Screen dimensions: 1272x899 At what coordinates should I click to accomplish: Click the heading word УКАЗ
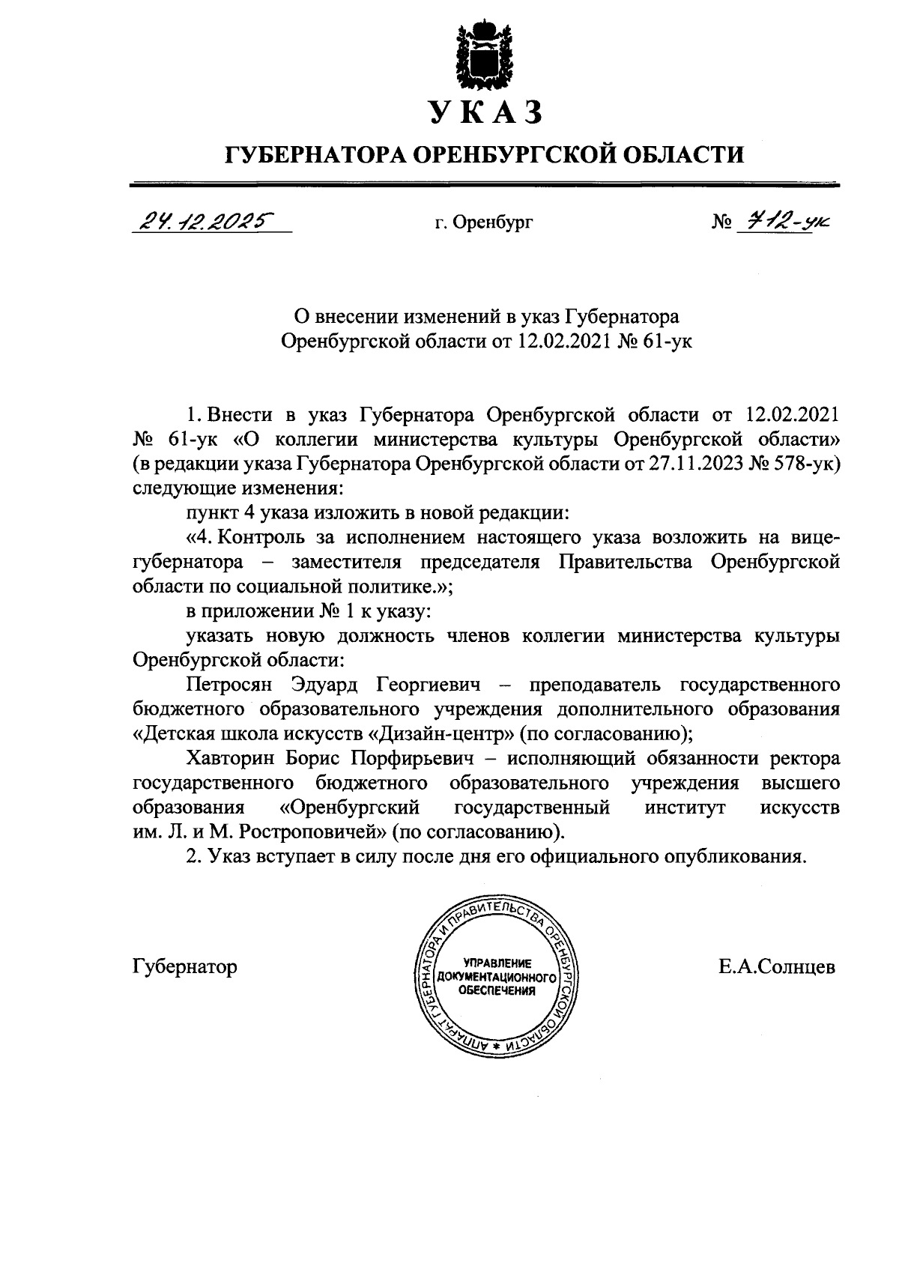coord(485,113)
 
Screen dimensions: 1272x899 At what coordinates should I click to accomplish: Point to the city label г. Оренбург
coord(484,222)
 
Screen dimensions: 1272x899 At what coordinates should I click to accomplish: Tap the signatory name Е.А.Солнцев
coord(776,966)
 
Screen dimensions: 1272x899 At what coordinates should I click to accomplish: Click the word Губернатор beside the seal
coord(184,966)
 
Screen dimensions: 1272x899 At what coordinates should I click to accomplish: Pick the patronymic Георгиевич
coord(427,684)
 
